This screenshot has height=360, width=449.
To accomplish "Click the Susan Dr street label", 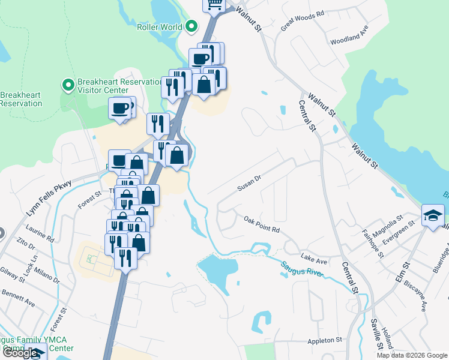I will click(250, 183).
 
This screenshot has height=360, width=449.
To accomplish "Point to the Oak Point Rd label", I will click(262, 225).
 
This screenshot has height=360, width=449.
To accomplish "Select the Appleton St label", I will click(324, 340).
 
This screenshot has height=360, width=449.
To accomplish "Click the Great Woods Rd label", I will click(303, 20).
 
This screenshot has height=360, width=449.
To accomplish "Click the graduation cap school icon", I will click(433, 215).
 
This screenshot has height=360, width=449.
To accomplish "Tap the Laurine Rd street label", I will click(40, 233).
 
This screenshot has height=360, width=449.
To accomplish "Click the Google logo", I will click(20, 353).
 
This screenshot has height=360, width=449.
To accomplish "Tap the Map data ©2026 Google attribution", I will click(412, 355).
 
